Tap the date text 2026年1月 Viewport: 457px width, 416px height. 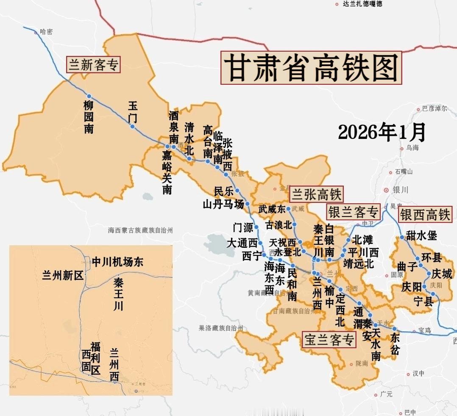coord(382,133)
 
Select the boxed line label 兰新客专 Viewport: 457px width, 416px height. coord(94,65)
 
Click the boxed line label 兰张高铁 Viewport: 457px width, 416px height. coord(316,194)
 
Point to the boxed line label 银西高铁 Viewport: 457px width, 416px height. coord(425,215)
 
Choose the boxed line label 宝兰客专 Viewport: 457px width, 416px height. coord(329,340)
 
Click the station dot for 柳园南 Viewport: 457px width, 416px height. coord(89,96)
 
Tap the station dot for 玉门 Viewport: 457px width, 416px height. coord(133,126)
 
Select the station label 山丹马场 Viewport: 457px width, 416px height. coord(223,205)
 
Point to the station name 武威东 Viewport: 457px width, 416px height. coord(272,209)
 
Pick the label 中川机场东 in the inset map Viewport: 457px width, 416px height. coord(117,262)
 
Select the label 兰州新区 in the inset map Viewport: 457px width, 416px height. coord(62,275)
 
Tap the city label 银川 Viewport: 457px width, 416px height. coord(401,191)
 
